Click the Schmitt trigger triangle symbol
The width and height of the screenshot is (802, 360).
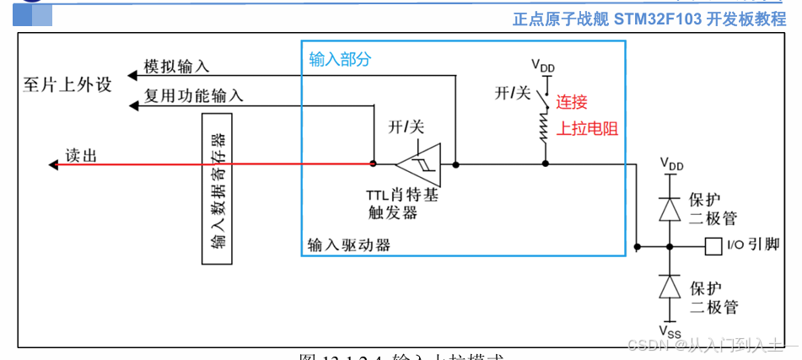(419, 163)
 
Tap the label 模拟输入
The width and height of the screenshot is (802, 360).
(176, 67)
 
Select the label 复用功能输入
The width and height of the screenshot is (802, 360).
(193, 96)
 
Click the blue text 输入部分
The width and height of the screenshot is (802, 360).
(340, 60)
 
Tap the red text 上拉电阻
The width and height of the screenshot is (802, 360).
(588, 128)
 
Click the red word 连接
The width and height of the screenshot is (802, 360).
(573, 102)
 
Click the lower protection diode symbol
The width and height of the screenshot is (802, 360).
(670, 287)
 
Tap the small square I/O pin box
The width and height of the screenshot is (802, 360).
(712, 247)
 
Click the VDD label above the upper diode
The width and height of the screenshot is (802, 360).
(671, 164)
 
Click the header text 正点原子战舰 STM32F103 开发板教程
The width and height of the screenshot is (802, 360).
(649, 19)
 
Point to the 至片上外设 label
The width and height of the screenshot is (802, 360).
(67, 85)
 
